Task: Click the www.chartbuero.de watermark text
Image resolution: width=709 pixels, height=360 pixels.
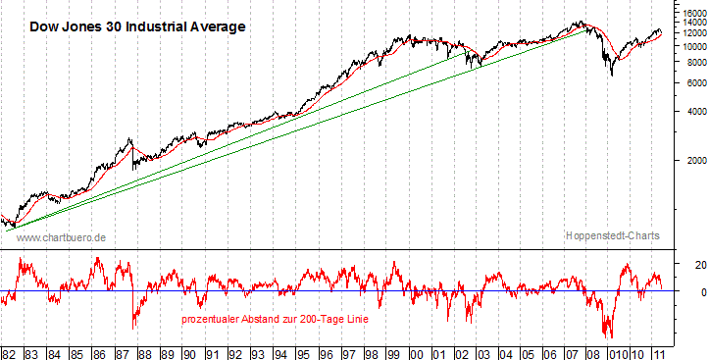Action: tap(62, 237)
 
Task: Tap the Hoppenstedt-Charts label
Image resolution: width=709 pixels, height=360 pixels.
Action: tap(612, 236)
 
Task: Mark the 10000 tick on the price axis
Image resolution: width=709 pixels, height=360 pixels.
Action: tap(688, 46)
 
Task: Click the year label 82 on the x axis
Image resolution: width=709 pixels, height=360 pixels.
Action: tap(9, 351)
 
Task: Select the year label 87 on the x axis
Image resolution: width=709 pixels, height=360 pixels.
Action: tap(122, 351)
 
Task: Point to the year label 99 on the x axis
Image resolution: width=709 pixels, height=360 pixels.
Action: tap(392, 351)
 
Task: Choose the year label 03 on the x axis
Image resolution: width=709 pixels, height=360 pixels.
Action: tap(482, 351)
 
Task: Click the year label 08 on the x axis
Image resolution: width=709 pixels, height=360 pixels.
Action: tap(595, 351)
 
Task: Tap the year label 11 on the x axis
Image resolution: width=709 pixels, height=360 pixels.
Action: tap(663, 351)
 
